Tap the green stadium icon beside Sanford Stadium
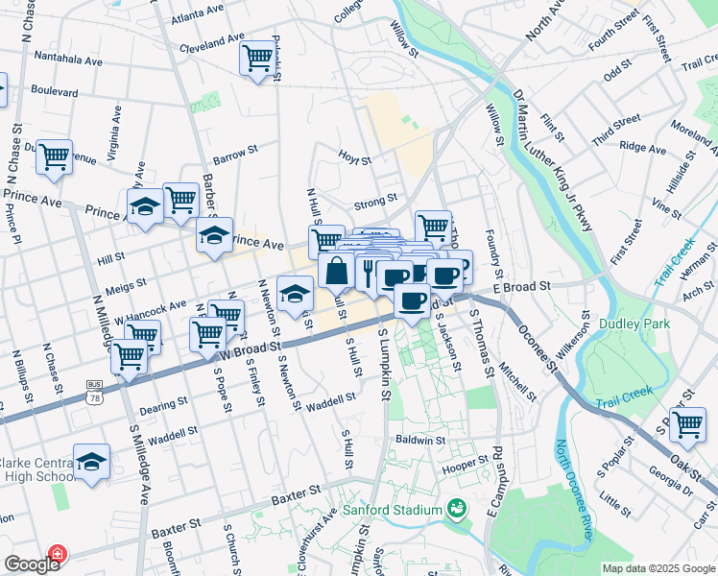click(457, 509)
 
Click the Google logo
click(32, 564)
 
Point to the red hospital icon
click(58, 555)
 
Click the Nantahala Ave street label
click(68, 60)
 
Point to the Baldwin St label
click(419, 440)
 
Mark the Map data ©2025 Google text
click(658, 568)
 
